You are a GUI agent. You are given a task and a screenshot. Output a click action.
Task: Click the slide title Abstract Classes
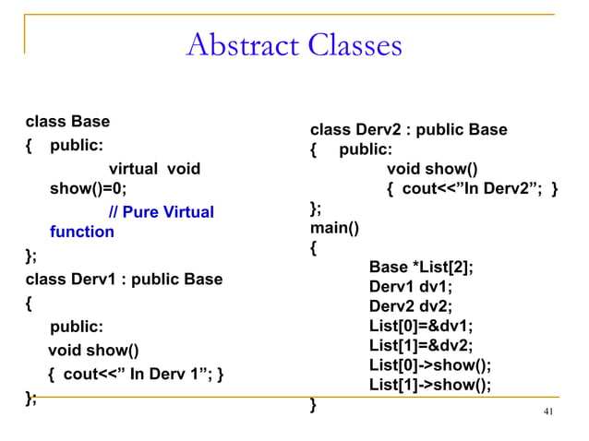click(294, 45)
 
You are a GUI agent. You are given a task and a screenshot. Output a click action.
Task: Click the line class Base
click(67, 122)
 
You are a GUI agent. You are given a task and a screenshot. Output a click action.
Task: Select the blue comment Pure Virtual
click(161, 212)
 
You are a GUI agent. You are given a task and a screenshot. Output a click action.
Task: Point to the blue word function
click(82, 232)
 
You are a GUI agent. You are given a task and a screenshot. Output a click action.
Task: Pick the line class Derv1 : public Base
click(124, 279)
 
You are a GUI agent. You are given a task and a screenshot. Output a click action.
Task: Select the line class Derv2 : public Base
click(408, 129)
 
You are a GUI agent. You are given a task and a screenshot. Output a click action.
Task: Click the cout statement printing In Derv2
click(472, 189)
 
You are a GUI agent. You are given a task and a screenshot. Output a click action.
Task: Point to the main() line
click(334, 228)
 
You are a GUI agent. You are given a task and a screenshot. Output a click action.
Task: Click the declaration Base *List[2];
click(421, 268)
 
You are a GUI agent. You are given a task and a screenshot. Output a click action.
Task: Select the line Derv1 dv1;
click(411, 287)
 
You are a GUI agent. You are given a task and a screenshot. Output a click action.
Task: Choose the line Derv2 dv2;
click(411, 306)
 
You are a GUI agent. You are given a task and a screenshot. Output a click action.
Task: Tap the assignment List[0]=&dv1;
click(421, 326)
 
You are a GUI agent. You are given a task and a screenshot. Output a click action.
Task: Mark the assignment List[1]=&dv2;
click(421, 345)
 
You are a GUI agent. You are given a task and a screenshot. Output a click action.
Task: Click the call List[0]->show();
click(430, 364)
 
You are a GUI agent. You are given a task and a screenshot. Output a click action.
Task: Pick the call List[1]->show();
click(430, 385)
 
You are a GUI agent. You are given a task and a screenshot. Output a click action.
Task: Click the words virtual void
click(154, 169)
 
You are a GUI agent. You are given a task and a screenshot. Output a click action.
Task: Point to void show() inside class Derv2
click(432, 169)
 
